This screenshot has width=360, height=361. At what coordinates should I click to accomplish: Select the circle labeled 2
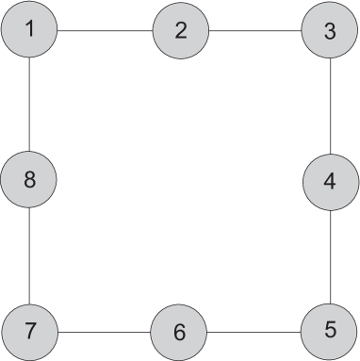pyautogui.click(x=180, y=30)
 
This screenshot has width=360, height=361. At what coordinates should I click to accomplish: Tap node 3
pyautogui.click(x=330, y=30)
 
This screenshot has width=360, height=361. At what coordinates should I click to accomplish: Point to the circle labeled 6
pyautogui.click(x=180, y=332)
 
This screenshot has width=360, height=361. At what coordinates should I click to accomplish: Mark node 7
pyautogui.click(x=30, y=331)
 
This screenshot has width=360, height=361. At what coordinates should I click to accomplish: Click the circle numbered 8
pyautogui.click(x=30, y=180)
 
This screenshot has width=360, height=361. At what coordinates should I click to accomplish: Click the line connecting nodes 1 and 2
pyautogui.click(x=105, y=30)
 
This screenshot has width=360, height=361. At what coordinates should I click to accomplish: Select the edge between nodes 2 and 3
pyautogui.click(x=254, y=30)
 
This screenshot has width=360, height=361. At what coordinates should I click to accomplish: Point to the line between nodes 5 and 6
pyautogui.click(x=254, y=332)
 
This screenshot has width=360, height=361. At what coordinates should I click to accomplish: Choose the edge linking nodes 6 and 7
pyautogui.click(x=105, y=332)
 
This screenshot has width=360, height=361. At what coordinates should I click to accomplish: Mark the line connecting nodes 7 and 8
pyautogui.click(x=30, y=255)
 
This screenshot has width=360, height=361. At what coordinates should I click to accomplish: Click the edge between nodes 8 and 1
pyautogui.click(x=30, y=105)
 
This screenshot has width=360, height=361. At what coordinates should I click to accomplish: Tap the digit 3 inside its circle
pyautogui.click(x=330, y=30)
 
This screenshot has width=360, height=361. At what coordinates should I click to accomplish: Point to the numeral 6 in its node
pyautogui.click(x=180, y=332)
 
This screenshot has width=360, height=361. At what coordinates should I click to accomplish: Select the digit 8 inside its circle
pyautogui.click(x=30, y=180)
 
